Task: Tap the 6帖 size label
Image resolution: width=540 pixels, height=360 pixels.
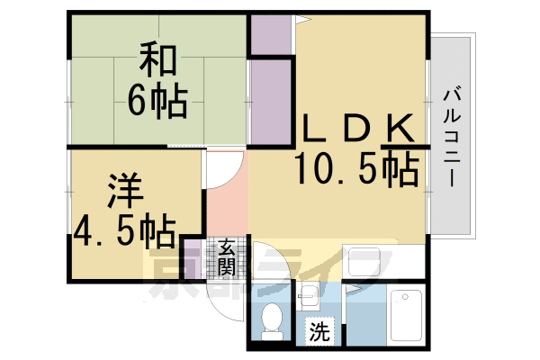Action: click(x=157, y=101)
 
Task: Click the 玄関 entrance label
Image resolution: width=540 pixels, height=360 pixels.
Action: click(x=226, y=256)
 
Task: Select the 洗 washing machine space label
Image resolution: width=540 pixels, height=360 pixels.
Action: click(x=319, y=331)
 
